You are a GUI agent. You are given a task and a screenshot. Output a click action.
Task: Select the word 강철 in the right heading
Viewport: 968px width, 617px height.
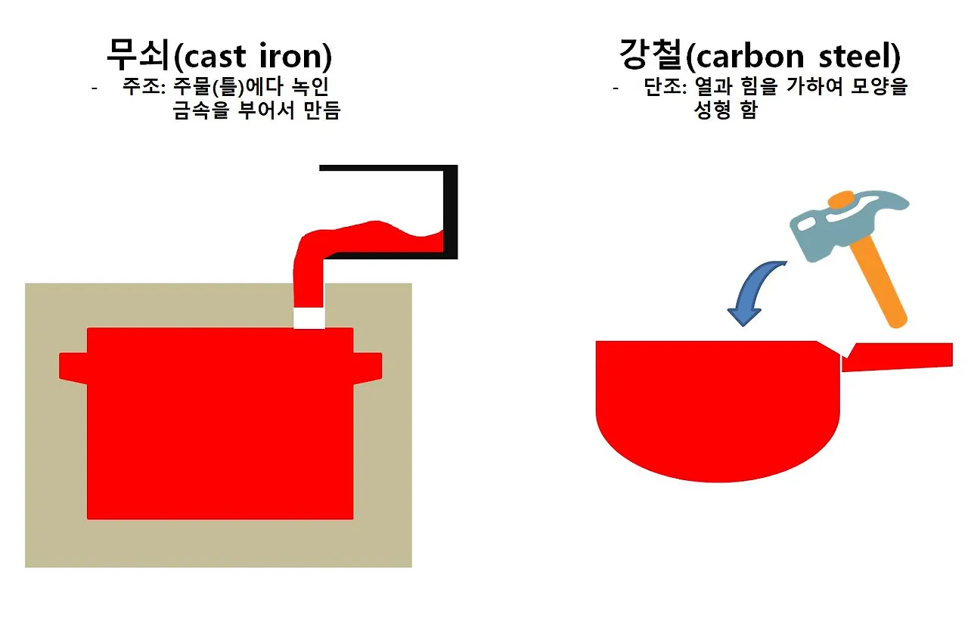650,54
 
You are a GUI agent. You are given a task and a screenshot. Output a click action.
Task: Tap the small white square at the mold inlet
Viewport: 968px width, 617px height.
309,318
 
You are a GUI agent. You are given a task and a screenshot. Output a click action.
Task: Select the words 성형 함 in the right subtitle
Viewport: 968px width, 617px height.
725,111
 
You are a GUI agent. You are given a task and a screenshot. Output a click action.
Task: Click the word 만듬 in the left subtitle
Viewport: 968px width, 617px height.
321,111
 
